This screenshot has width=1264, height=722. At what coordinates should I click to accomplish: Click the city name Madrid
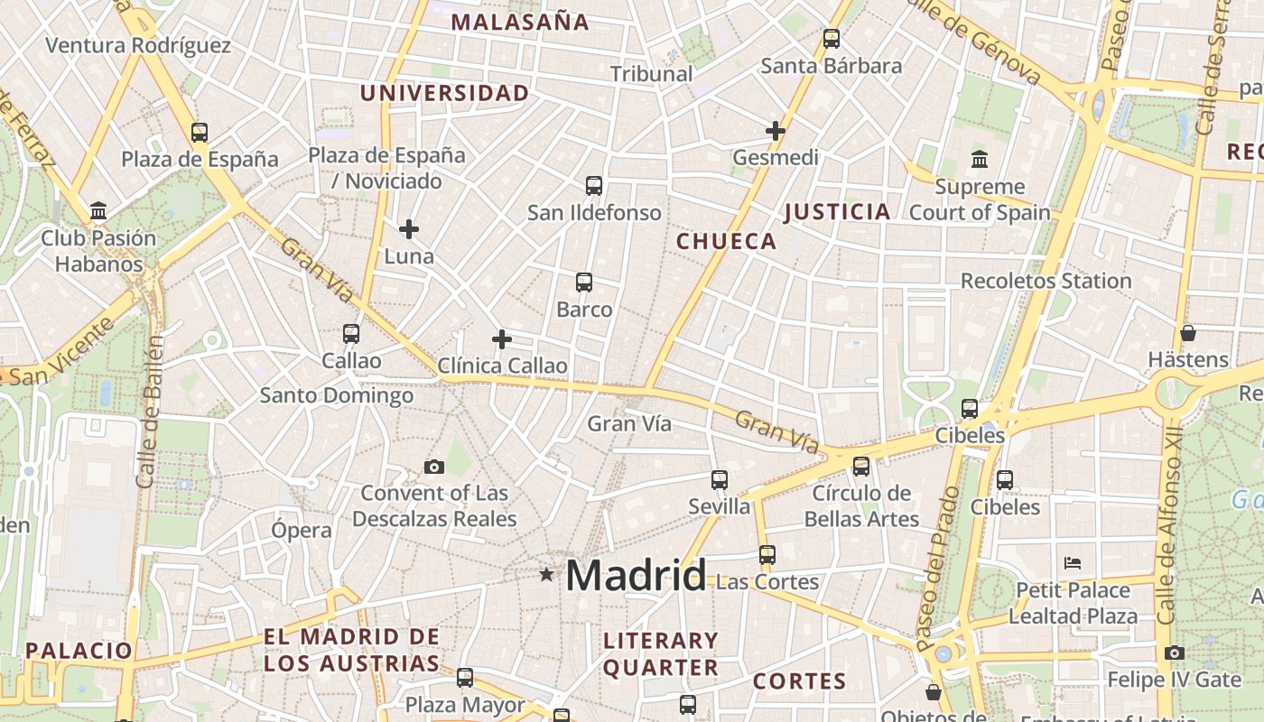[636, 575]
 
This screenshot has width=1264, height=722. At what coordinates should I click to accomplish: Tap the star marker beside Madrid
[546, 574]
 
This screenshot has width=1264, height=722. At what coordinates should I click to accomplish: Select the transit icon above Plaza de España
[200, 133]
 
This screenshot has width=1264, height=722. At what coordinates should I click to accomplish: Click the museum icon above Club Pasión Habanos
[98, 211]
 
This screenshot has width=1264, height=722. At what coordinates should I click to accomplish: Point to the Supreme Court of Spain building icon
[980, 161]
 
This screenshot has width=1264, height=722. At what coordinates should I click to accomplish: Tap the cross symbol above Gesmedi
[775, 131]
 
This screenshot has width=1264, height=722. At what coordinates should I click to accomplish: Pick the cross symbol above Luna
[409, 229]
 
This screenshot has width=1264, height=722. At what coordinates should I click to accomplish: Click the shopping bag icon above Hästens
[1188, 333]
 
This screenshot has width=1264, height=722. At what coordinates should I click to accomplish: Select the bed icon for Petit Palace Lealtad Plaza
[1073, 563]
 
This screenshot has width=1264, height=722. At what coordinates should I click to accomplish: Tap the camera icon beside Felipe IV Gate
[1174, 653]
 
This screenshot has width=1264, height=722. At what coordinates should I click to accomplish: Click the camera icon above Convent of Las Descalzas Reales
[434, 467]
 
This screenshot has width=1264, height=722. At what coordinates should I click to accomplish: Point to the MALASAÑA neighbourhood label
[520, 23]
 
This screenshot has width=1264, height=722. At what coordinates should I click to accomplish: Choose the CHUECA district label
[726, 241]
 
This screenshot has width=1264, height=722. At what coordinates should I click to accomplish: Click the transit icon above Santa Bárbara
[832, 39]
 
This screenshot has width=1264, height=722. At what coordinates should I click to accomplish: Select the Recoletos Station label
[1046, 281]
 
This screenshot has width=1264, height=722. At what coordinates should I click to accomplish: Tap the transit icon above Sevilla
[720, 479]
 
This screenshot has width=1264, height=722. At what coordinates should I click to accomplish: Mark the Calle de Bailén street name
[152, 412]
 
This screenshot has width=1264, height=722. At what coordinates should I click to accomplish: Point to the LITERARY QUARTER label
[661, 654]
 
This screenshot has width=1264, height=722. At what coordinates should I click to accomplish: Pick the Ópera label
[302, 530]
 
